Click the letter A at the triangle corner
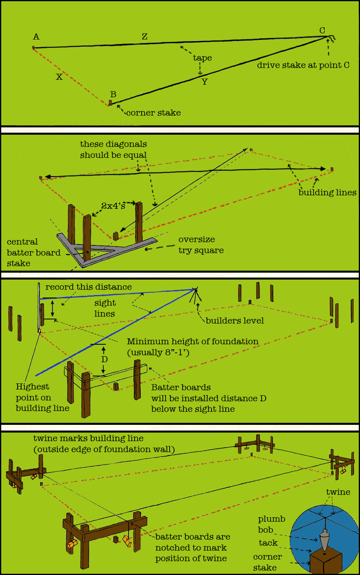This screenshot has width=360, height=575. (x=36, y=37)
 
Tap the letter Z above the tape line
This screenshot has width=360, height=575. (x=144, y=37)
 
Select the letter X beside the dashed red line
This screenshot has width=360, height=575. (x=59, y=77)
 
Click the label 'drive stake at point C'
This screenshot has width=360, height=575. (x=303, y=65)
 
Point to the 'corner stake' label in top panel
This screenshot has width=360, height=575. (x=153, y=113)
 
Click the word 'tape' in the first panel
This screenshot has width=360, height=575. (x=203, y=58)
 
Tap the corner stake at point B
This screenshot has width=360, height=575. (x=110, y=103)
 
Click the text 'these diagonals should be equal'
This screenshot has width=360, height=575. (x=113, y=149)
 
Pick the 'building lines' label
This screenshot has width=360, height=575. (x=327, y=192)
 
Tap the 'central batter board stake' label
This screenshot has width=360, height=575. (x=33, y=253)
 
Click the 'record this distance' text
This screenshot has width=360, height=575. (x=88, y=287)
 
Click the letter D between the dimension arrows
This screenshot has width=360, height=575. (x=105, y=359)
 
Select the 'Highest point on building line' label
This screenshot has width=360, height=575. (x=42, y=397)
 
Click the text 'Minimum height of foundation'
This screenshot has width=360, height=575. (x=192, y=341)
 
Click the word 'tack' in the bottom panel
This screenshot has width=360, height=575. (x=268, y=543)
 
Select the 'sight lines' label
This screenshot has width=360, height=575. (x=105, y=308)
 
